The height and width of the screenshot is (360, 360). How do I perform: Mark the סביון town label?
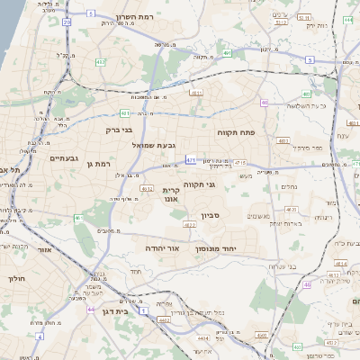236,215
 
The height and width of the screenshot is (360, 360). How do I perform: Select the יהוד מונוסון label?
215,247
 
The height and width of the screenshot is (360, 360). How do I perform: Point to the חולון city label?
17,278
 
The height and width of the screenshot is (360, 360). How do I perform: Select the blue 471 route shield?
191,159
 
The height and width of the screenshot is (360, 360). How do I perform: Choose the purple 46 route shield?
307,284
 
